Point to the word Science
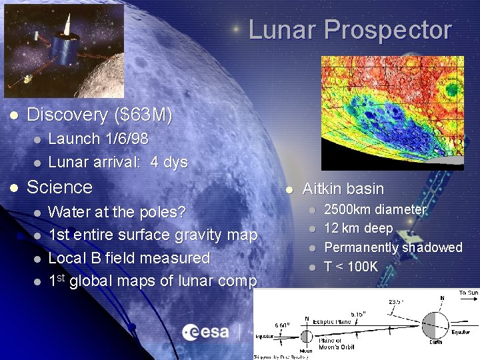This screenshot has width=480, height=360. coord(59,187)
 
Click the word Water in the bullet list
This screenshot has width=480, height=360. coord(70,213)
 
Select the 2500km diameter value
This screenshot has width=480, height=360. coord(349,210)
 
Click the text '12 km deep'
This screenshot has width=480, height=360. coord(358,229)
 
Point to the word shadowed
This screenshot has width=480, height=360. coord(431,247)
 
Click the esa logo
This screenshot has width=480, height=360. coord(206,332)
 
